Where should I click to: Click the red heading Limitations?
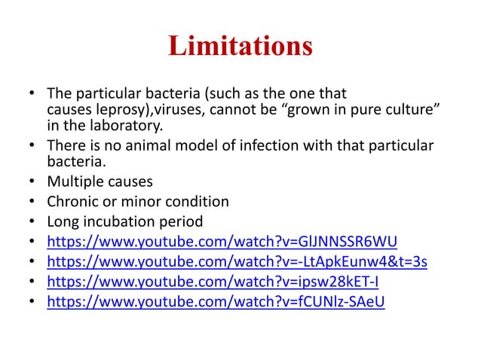click(x=240, y=47)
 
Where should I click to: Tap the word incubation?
click(x=119, y=222)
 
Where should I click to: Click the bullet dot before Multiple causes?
click(x=32, y=182)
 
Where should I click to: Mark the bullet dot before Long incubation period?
click(x=32, y=223)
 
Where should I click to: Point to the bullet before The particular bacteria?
click(x=32, y=96)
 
